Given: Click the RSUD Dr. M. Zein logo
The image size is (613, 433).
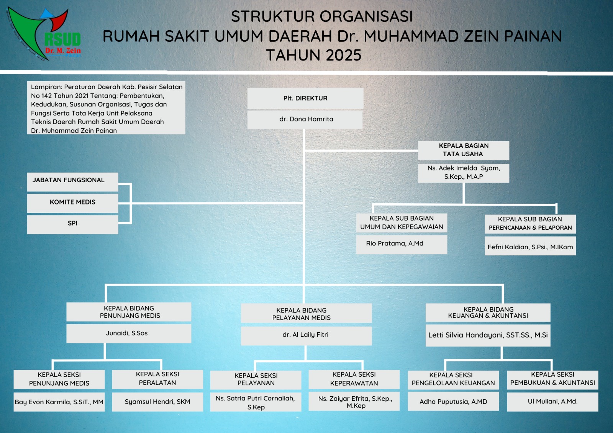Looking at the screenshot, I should tap(44, 34).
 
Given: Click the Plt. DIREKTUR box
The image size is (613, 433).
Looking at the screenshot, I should tap(305, 98).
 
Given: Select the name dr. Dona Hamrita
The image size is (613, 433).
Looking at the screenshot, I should tap(305, 119).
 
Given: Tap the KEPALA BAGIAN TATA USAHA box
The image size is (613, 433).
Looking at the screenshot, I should tap(463, 150).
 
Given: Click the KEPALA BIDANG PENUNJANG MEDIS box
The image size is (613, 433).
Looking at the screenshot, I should tap(129, 312).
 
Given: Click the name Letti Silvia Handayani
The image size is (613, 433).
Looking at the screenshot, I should tap(488, 335).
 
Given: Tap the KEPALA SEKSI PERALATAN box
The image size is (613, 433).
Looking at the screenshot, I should tap(157, 379).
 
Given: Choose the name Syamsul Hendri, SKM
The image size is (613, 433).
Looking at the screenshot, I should tap(157, 402).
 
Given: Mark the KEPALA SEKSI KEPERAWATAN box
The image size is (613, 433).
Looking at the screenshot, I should tap(354, 379).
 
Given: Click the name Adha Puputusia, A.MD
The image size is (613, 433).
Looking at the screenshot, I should tap(453, 402).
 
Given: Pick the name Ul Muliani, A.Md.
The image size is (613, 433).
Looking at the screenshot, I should tap(552, 402).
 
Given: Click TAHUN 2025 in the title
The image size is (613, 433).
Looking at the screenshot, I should tap(314, 56).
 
